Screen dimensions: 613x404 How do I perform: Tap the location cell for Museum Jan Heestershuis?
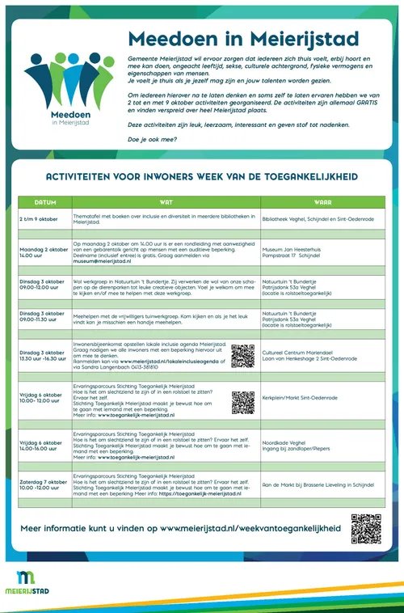295,253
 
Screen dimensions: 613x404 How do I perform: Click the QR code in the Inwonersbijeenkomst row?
242,356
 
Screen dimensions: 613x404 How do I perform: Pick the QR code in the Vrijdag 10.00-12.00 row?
242,401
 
